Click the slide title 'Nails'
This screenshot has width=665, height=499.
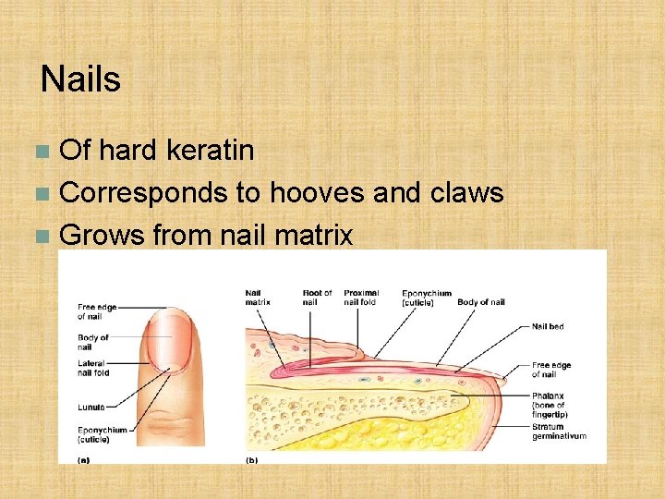[x=80, y=79]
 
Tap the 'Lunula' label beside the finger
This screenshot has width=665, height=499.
[x=91, y=406]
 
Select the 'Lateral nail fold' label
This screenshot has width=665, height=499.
[x=93, y=368]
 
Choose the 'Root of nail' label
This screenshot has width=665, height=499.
[x=317, y=298]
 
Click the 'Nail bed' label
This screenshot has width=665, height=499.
[x=548, y=326]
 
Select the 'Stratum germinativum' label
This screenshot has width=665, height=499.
[x=558, y=432]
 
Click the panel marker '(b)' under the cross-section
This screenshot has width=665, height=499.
[x=252, y=457]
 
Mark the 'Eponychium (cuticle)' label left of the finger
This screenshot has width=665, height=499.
[x=101, y=434]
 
